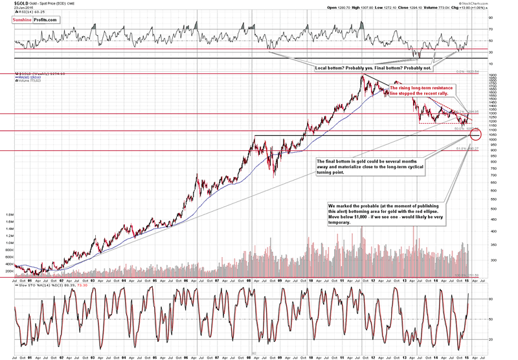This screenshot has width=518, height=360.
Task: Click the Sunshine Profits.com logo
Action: point(34,20)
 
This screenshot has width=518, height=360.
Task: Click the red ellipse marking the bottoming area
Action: point(476,134)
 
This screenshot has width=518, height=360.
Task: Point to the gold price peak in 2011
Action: point(362,76)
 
